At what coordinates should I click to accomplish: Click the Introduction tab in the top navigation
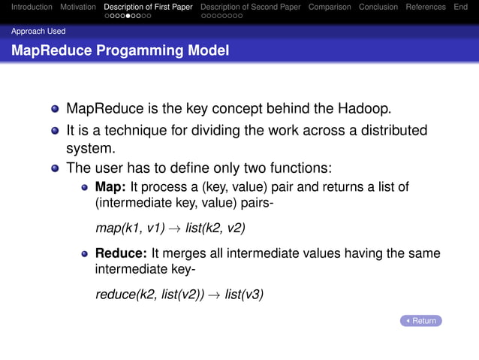coord(26,7)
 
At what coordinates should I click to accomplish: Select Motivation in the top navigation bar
coord(78,7)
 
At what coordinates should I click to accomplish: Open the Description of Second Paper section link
coord(250,7)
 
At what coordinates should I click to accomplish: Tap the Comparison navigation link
coord(330,7)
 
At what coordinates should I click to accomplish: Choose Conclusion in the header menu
coord(378,7)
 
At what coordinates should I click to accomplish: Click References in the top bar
coord(426,7)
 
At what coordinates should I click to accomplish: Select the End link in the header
coord(460,7)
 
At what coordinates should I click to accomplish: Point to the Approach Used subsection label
coord(38,32)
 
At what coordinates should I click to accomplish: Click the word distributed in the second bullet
coord(388,131)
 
